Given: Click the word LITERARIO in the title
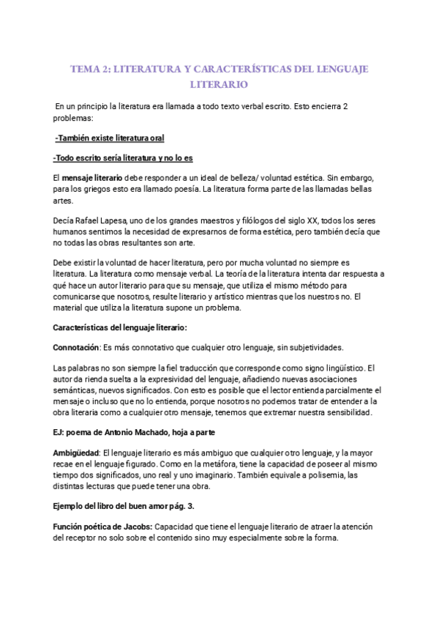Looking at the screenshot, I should (219, 85).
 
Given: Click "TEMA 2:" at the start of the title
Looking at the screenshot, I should (89, 69).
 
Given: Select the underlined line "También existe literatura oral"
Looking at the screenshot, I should (110, 138).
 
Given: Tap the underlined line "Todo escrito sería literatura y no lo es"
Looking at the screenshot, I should (123, 158).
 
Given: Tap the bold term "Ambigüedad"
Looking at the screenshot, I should (76, 454).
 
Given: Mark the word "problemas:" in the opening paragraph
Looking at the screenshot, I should (74, 117).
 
